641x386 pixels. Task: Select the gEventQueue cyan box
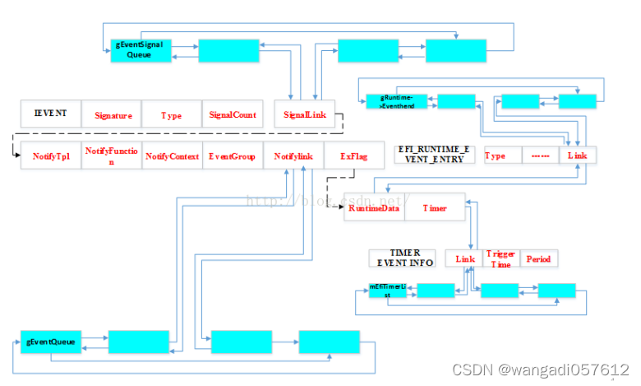(52, 342)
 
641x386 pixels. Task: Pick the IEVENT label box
(51, 114)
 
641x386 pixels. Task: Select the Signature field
(112, 116)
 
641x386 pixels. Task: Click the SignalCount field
(233, 116)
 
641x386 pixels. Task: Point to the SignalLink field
(304, 116)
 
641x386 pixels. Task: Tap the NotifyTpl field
(51, 156)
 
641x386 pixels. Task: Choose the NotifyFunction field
(112, 156)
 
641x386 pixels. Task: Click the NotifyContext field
(173, 156)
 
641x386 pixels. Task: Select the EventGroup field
(233, 156)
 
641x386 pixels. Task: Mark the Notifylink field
(294, 156)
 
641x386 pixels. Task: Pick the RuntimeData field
(374, 208)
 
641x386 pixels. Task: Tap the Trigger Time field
(500, 259)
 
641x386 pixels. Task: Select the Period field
(538, 259)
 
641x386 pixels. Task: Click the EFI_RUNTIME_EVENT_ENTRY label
(435, 154)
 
